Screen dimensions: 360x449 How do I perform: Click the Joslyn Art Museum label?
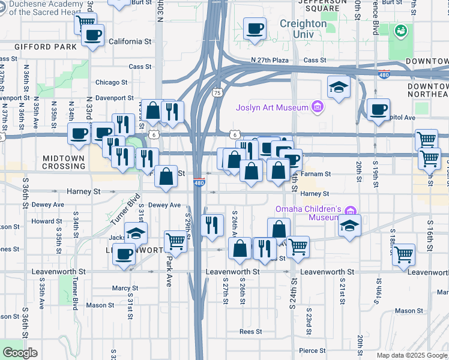(x=271, y=108)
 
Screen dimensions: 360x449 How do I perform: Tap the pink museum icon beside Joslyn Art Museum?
(x=318, y=108)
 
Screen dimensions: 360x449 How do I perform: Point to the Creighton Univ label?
(x=303, y=28)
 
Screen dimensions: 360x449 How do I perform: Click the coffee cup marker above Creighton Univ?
(x=255, y=28)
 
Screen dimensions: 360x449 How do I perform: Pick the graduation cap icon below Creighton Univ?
(x=339, y=87)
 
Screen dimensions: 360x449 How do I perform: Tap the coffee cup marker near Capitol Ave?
(x=378, y=110)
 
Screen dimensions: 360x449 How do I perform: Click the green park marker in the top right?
(x=400, y=29)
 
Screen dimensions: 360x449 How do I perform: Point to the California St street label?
(x=130, y=42)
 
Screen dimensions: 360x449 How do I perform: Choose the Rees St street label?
(x=250, y=331)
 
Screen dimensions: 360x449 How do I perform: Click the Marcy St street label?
(x=125, y=288)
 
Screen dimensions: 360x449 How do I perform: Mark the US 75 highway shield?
(x=217, y=93)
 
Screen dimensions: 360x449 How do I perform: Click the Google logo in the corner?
(x=20, y=353)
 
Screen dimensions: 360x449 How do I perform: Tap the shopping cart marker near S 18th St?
(x=403, y=254)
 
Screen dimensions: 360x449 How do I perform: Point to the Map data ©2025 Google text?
(x=412, y=355)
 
